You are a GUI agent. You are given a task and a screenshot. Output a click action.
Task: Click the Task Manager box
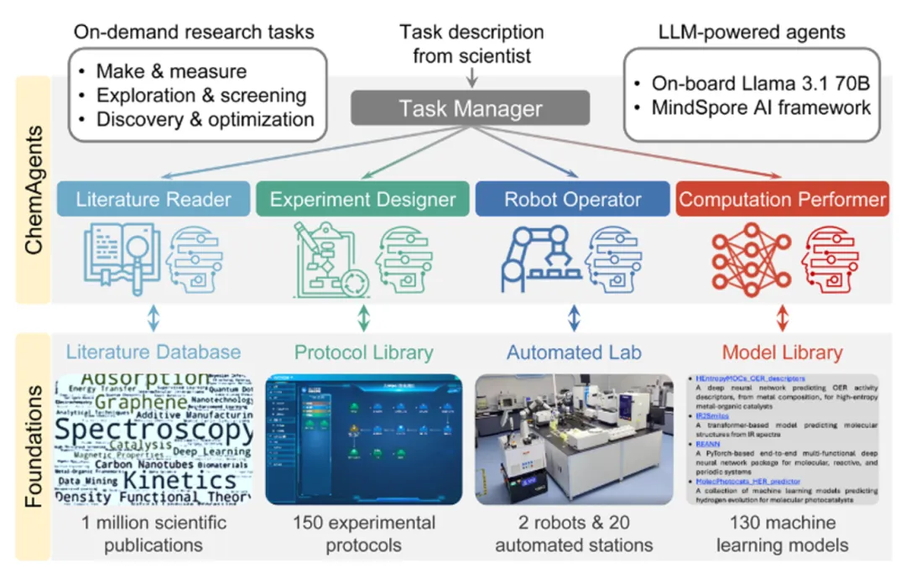(x=470, y=107)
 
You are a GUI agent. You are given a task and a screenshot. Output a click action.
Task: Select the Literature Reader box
(x=153, y=200)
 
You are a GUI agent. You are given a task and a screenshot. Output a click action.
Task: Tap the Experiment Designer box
(x=362, y=200)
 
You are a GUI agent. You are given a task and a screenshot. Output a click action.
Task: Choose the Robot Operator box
(x=572, y=200)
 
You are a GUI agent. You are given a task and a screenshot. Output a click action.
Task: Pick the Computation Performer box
(x=782, y=200)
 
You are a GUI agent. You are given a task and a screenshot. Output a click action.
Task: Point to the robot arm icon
(x=539, y=257)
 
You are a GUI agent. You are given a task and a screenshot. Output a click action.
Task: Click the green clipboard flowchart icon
(x=327, y=258)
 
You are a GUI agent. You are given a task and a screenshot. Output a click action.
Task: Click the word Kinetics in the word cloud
(x=180, y=481)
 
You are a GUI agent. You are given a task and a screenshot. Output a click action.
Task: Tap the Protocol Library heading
(x=363, y=352)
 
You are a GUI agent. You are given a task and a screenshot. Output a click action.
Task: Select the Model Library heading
(x=783, y=352)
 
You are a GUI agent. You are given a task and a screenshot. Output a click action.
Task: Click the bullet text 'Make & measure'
(x=171, y=71)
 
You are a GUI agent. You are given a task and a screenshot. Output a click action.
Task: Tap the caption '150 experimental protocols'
(x=363, y=534)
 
